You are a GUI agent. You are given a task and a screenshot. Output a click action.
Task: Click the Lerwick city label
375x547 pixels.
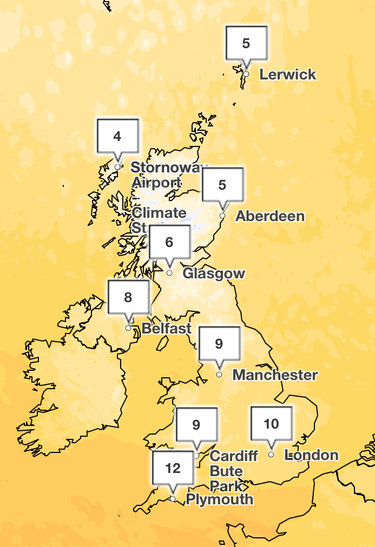tap(287, 75)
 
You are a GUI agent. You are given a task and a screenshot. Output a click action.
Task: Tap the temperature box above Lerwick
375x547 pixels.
tap(246, 43)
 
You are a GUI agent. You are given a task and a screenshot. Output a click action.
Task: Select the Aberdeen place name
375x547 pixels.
tap(270, 216)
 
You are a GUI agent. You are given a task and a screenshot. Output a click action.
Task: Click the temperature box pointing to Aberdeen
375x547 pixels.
tap(222, 185)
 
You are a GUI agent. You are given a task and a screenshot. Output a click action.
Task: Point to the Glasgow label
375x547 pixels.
tap(214, 273)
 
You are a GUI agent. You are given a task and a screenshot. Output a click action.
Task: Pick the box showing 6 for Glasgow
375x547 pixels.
tap(169, 242)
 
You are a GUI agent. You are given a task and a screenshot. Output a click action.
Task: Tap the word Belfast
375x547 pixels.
tap(167, 328)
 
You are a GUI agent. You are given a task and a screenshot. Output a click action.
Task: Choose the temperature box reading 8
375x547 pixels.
tap(128, 297)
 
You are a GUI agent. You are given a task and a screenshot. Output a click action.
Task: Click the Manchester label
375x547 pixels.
tap(275, 375)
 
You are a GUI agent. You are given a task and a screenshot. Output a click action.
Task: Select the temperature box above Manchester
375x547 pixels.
tap(219, 343)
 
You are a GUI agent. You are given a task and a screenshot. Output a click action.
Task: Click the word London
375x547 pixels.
tap(312, 455)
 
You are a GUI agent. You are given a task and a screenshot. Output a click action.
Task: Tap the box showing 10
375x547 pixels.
tap(272, 423)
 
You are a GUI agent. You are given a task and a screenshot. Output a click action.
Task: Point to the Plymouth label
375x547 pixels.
tap(219, 499)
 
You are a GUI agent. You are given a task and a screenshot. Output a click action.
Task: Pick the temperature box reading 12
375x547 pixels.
tap(173, 468)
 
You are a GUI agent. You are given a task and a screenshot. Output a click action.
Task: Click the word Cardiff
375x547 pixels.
tap(234, 456)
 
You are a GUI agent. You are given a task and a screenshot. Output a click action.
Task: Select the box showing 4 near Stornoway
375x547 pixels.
tap(117, 136)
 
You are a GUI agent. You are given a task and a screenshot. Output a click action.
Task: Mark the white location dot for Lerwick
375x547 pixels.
tap(246, 74)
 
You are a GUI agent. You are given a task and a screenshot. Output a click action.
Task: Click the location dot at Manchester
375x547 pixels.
tap(219, 374)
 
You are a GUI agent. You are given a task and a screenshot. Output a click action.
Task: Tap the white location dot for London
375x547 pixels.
tap(272, 455)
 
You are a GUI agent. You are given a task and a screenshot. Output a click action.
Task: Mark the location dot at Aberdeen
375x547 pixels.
tap(222, 216)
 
